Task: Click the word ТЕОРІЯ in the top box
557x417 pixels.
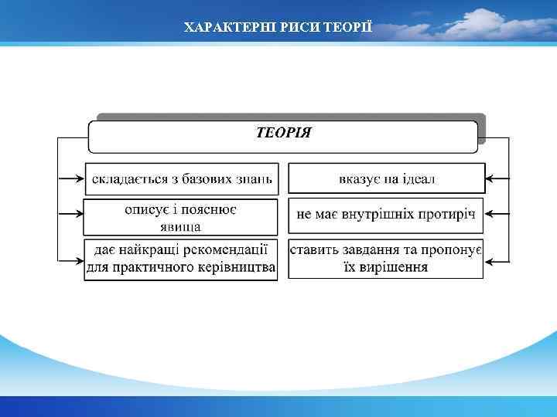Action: (283, 132)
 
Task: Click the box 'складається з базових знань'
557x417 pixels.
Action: (180, 178)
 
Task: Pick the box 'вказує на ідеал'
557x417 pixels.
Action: (387, 178)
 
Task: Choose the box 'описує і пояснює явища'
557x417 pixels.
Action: (180, 217)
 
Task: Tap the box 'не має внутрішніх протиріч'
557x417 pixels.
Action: (387, 214)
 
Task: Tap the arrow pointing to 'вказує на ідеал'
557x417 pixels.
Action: (497, 179)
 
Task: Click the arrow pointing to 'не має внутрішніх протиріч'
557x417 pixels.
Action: (497, 212)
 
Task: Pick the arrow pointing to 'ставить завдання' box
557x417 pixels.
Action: (497, 257)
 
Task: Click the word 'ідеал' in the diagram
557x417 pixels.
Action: (418, 179)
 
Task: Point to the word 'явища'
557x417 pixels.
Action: (180, 226)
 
